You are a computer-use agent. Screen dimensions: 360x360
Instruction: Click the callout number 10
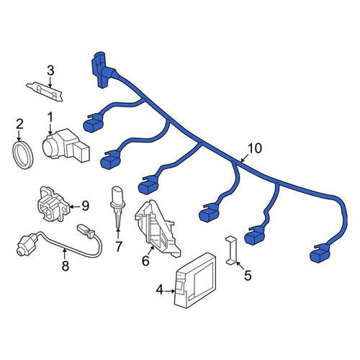coord(255,148)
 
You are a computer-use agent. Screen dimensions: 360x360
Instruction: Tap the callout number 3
coord(50,71)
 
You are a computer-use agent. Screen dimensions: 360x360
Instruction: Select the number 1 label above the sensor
coord(50,118)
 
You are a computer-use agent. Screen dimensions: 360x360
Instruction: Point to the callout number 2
coord(19,125)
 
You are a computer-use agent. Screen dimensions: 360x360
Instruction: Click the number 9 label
coord(85,206)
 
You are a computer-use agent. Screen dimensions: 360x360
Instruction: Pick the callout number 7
coord(118,246)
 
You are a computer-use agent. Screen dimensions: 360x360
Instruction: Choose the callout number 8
coord(66,266)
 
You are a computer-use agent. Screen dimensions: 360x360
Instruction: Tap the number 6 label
coord(145,261)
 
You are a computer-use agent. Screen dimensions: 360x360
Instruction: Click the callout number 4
coord(159,290)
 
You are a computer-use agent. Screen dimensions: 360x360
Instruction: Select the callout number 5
coord(248,275)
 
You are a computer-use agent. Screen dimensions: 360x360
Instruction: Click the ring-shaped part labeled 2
coord(22,156)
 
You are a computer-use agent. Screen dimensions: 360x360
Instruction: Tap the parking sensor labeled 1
coord(66,145)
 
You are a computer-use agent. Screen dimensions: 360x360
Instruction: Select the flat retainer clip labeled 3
coord(45,91)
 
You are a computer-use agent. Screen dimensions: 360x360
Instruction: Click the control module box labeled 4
coord(194,280)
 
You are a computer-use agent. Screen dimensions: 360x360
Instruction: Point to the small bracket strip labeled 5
coord(231,251)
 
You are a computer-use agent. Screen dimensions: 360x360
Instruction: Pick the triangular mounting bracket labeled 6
coord(157,229)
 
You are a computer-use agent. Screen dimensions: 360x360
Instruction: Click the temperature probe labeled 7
coord(117,207)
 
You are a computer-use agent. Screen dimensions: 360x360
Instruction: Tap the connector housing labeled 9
coord(53,204)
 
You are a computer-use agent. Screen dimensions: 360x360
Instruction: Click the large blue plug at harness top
coord(102,70)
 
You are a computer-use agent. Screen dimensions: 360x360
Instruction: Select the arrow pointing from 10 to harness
coord(246,158)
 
